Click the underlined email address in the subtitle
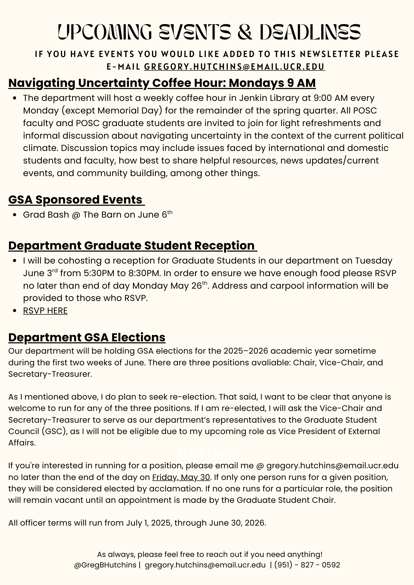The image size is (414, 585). click(234, 67)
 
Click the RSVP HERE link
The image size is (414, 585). click(45, 311)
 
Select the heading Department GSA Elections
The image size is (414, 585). click(87, 337)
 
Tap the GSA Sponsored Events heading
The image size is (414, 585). click(76, 200)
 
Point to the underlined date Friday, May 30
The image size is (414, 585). click(181, 477)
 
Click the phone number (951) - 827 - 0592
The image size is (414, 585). click(307, 565)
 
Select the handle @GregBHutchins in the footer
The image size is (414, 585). click(105, 565)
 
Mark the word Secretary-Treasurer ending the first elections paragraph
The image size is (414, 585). click(49, 374)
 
